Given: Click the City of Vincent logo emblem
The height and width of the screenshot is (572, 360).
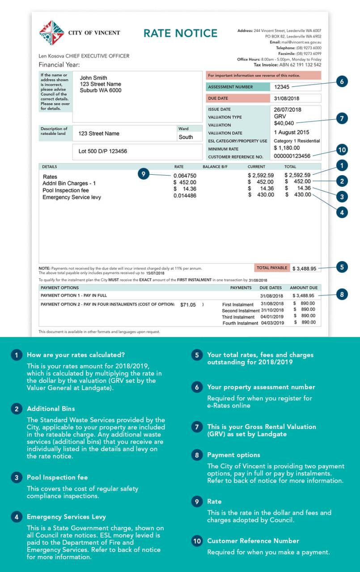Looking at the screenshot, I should pyautogui.click(x=51, y=33).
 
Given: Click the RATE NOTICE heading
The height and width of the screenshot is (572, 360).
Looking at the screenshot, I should pyautogui.click(x=180, y=34).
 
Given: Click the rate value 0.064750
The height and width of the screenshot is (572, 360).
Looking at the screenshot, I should pyautogui.click(x=185, y=175).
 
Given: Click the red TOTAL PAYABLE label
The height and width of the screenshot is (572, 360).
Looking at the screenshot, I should pyautogui.click(x=272, y=268).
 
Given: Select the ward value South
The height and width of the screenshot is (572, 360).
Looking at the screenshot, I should pyautogui.click(x=186, y=137).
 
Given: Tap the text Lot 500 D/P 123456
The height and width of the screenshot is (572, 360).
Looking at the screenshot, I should pyautogui.click(x=102, y=151).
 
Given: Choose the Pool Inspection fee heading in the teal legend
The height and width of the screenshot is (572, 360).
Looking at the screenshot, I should pyautogui.click(x=57, y=477).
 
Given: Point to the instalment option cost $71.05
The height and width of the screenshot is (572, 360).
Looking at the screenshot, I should pyautogui.click(x=188, y=305).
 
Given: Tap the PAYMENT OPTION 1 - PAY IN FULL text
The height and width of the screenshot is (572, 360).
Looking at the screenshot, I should pyautogui.click(x=74, y=295).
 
